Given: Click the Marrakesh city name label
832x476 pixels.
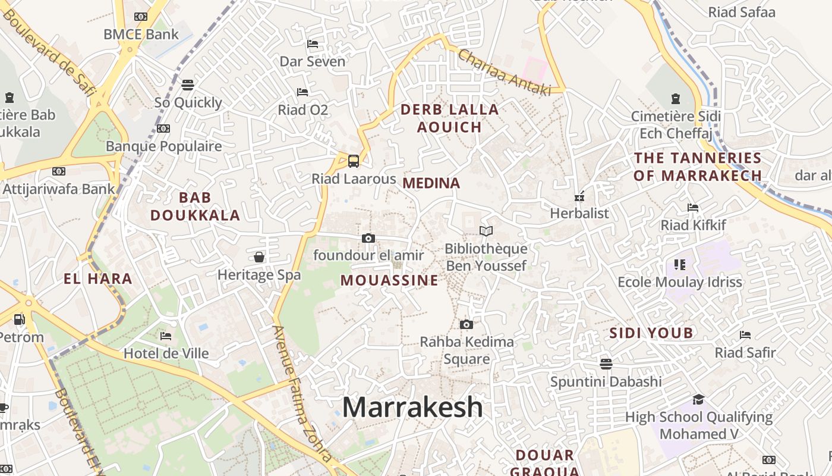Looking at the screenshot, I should (x=412, y=408).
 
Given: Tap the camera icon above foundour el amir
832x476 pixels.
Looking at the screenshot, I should (x=368, y=238).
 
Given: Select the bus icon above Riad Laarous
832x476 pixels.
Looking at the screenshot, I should (x=354, y=161).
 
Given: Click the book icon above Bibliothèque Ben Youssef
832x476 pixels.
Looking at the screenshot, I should (x=486, y=231).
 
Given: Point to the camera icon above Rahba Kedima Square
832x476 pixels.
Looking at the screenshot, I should (x=467, y=324).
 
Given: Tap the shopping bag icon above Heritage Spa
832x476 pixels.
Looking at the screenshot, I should (x=259, y=257).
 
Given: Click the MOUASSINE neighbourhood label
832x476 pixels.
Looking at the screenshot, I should (x=389, y=280).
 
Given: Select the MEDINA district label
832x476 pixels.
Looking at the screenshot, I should (x=431, y=183).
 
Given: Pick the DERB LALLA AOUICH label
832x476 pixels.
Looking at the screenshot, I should (x=449, y=118).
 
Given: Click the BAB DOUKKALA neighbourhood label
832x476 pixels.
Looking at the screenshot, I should (x=195, y=206).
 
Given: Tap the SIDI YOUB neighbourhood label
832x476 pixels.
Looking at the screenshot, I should (x=651, y=333).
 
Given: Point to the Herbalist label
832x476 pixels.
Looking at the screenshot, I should (x=579, y=213).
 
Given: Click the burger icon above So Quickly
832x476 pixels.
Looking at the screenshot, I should (x=188, y=85).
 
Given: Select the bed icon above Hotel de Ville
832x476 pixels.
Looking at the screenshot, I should (x=166, y=336).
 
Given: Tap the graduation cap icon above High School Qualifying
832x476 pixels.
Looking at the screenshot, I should (x=698, y=399).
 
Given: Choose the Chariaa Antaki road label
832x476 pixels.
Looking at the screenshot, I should (x=503, y=73).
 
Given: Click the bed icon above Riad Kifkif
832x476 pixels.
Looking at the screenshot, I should (x=693, y=208).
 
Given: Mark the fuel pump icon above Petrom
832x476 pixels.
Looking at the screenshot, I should (x=19, y=320).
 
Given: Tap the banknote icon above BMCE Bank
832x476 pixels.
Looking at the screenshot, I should (x=141, y=17).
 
